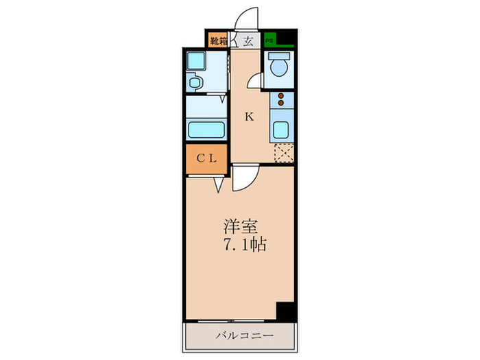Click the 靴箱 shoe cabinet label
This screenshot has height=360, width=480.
pos(219,40)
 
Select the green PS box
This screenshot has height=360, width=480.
pos(270,40)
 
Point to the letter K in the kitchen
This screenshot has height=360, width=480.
pos(250,117)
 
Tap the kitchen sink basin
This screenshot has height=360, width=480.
pos(281,129)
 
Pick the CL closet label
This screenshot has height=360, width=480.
pos(206,158)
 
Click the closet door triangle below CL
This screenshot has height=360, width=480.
pos(219,184)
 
